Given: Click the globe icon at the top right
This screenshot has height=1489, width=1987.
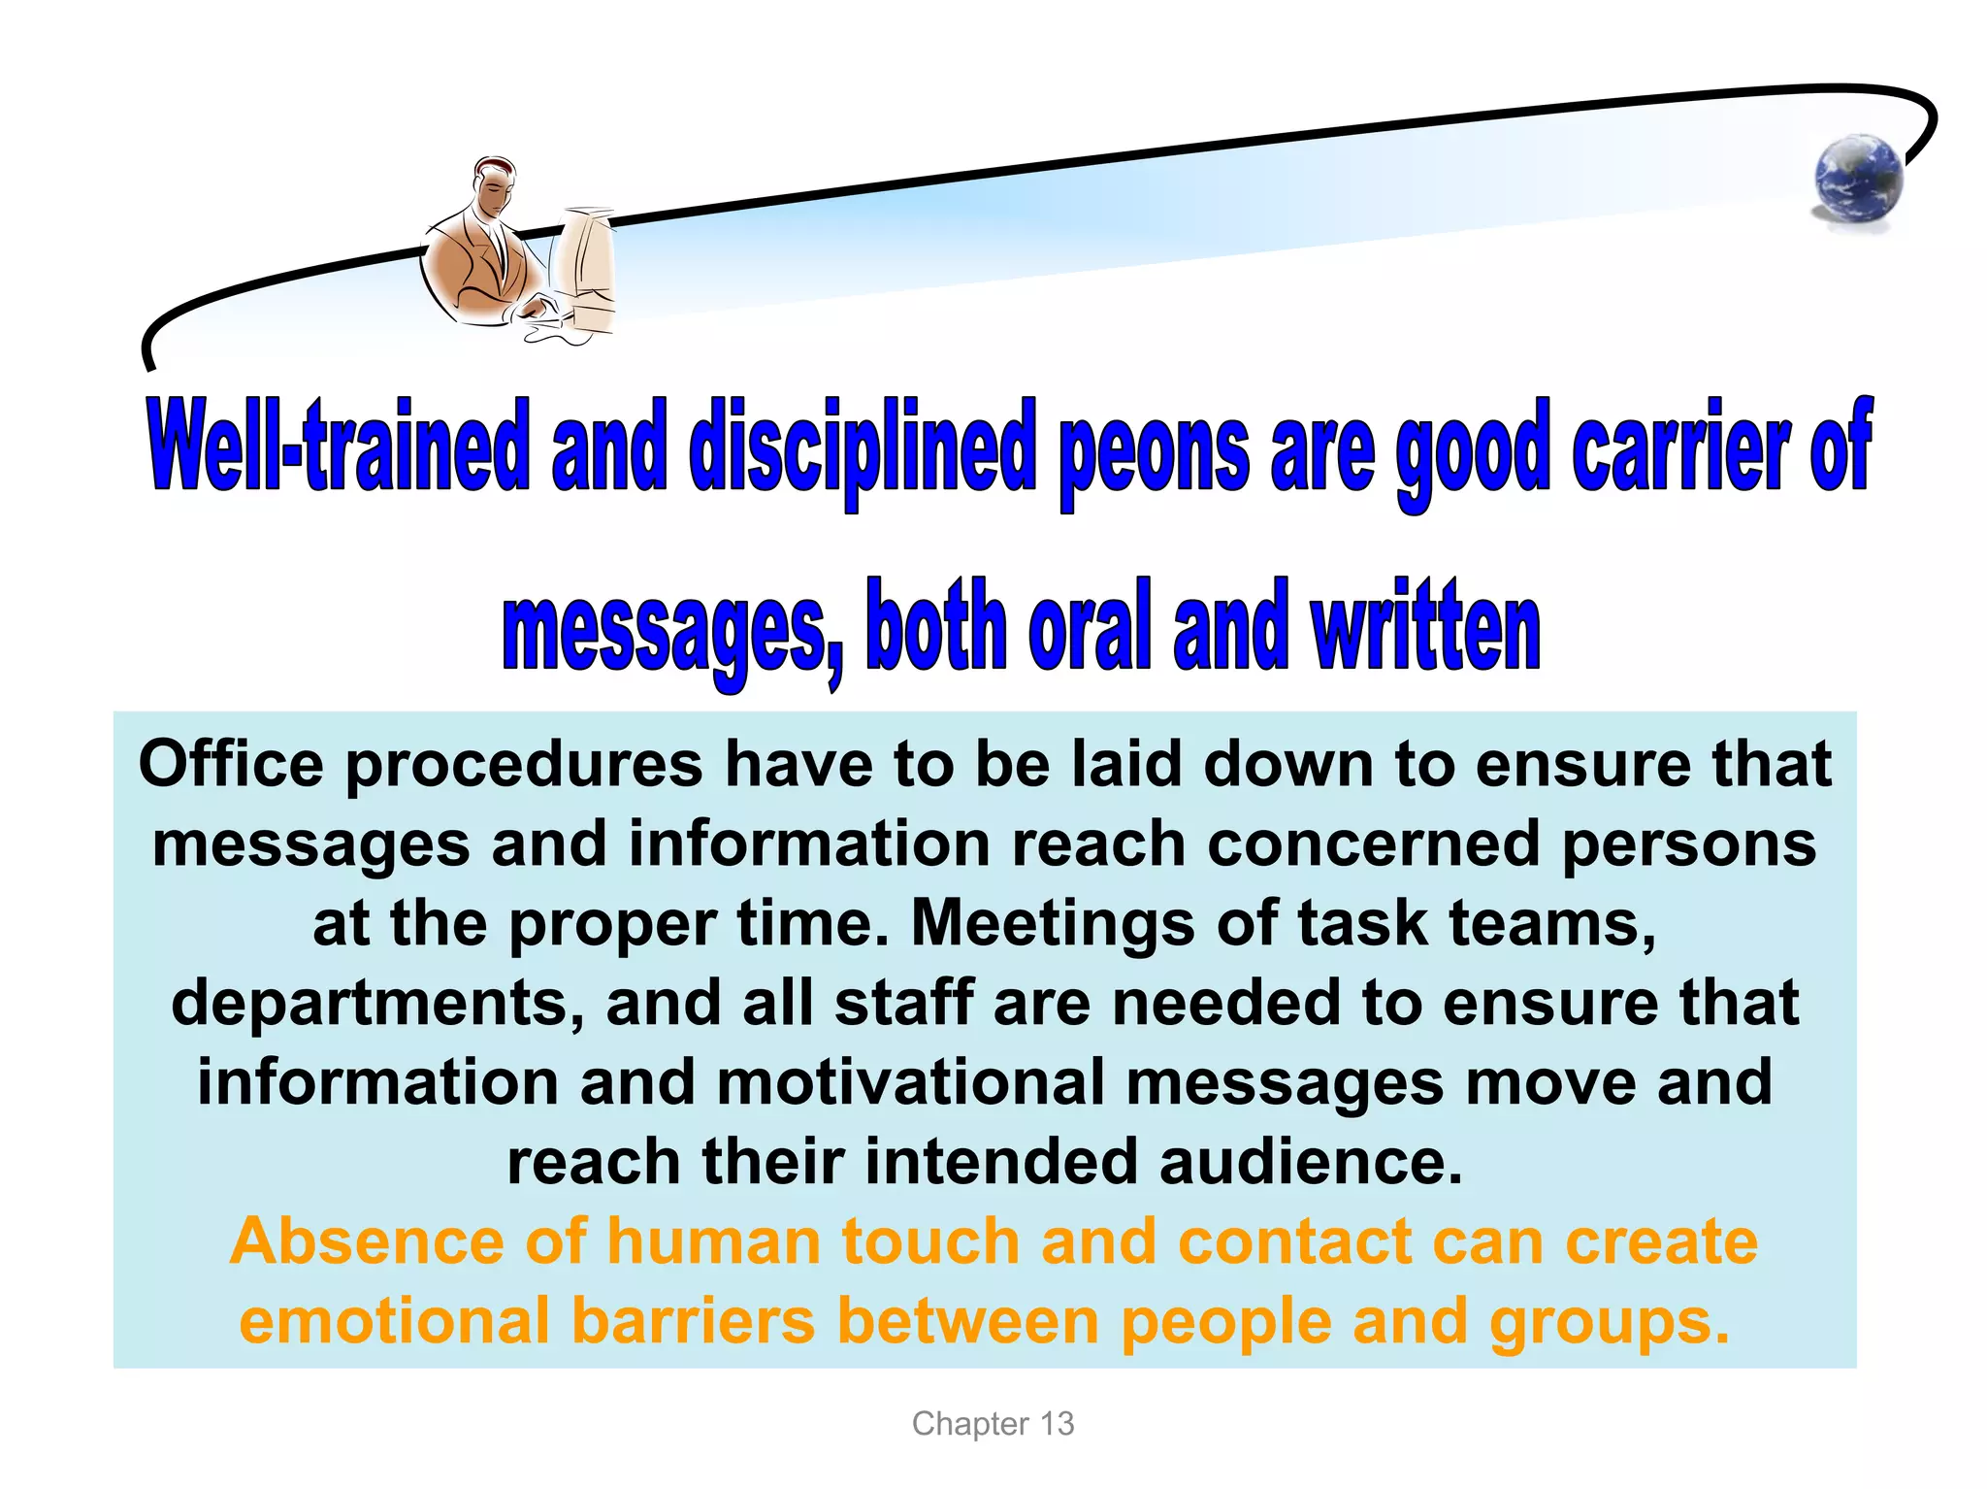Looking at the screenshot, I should tap(1858, 180).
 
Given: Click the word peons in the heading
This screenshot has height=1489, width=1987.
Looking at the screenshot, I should tap(1154, 448).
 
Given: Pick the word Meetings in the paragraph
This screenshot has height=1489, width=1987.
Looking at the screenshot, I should tap(1052, 924).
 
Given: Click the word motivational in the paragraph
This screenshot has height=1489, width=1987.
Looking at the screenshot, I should tap(910, 1082).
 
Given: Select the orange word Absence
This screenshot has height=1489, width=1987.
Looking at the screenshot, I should tap(367, 1241).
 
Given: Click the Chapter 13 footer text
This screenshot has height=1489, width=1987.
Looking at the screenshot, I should tap(993, 1424).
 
